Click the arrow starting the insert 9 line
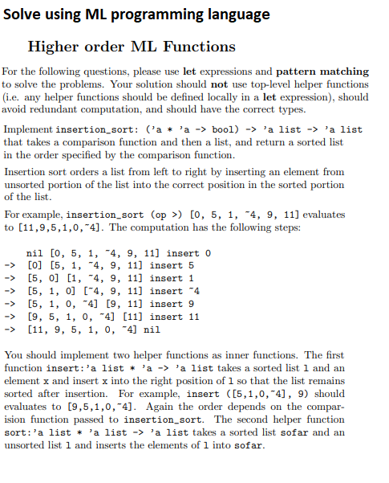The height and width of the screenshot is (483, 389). coord(10,304)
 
